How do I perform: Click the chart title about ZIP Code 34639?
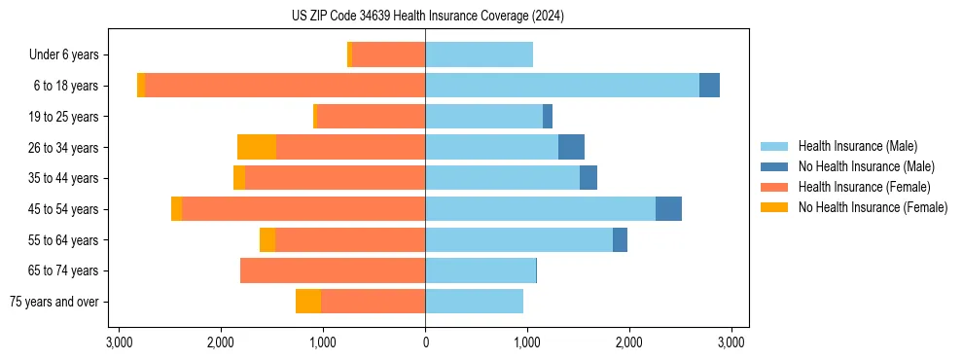point(427,17)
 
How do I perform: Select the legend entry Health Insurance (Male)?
point(857,146)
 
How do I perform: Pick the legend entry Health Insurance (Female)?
point(864,187)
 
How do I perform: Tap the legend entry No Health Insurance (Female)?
point(873,207)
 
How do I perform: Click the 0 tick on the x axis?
point(425,342)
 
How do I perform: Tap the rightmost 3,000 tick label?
point(731,342)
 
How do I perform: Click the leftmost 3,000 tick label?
point(119,342)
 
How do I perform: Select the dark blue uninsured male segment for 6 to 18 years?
point(709,86)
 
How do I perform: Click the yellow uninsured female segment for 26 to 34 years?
point(257,147)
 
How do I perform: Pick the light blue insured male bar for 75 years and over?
point(474,302)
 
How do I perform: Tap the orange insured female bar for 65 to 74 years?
point(333,270)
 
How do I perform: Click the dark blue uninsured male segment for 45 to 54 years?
point(668,209)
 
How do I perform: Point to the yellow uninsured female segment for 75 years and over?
point(308,302)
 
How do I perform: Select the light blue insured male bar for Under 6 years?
point(479,55)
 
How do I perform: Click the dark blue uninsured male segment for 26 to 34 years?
point(571,147)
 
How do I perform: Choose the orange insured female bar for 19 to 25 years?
point(372,117)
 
